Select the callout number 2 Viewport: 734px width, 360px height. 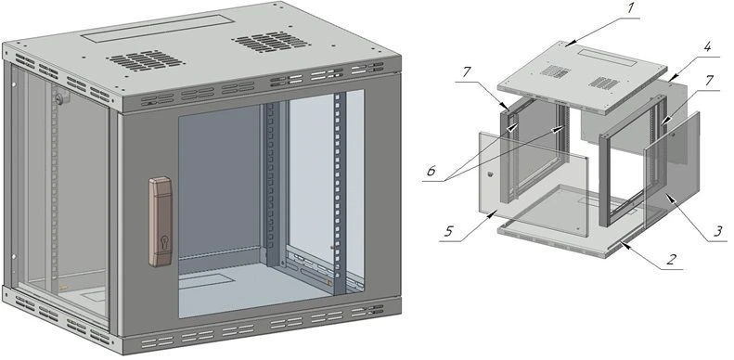[x=672, y=260]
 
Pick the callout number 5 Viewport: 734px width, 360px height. [x=449, y=231]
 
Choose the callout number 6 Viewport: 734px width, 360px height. [x=431, y=171]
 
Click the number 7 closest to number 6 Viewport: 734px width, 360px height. [x=468, y=72]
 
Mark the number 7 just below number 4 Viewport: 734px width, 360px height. [x=709, y=81]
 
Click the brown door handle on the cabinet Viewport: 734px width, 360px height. [x=160, y=222]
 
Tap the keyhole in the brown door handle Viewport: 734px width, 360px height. [x=163, y=243]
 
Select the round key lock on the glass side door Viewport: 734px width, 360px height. [x=59, y=99]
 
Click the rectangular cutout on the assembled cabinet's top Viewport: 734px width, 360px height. [x=157, y=29]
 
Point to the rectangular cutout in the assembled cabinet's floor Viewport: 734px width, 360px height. [x=206, y=281]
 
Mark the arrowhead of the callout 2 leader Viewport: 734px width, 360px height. [x=622, y=242]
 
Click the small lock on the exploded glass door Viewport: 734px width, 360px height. [x=491, y=174]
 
